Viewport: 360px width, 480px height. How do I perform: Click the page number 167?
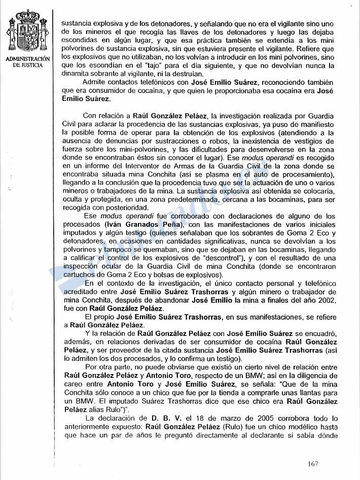(x=313, y=463)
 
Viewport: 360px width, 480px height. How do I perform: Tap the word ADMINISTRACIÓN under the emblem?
(x=28, y=59)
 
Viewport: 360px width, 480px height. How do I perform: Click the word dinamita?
(x=76, y=74)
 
